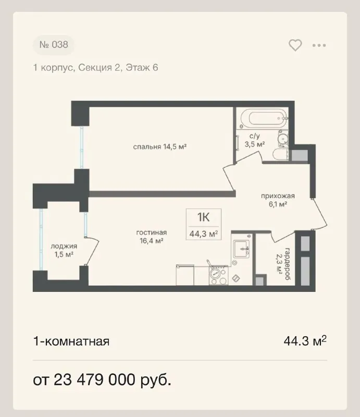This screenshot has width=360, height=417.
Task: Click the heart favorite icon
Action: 295,45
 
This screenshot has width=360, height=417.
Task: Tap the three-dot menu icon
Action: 319,45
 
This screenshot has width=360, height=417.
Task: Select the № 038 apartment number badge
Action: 54,45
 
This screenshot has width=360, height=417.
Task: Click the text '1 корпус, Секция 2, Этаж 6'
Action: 95,68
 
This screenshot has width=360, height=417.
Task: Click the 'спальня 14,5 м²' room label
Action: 159,146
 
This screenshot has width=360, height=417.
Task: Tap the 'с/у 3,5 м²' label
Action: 255,140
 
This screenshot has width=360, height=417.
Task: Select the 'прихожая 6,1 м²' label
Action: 278,200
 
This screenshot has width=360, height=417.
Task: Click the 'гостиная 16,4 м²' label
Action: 152,237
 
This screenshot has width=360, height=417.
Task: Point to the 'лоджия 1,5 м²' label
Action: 64,250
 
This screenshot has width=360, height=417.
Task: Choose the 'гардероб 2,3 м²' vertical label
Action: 283,264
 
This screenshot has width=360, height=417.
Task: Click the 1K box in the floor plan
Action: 204,225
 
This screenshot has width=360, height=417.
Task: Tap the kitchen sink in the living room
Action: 241,249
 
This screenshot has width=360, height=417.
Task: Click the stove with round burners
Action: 218,275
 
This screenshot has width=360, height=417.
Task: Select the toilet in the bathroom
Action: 280,154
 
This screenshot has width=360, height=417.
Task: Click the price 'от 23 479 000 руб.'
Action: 102,380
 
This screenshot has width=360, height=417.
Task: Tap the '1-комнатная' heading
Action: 71,341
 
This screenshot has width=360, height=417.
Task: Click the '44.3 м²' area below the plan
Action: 305,341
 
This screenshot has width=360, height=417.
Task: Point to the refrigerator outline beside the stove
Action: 185,275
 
